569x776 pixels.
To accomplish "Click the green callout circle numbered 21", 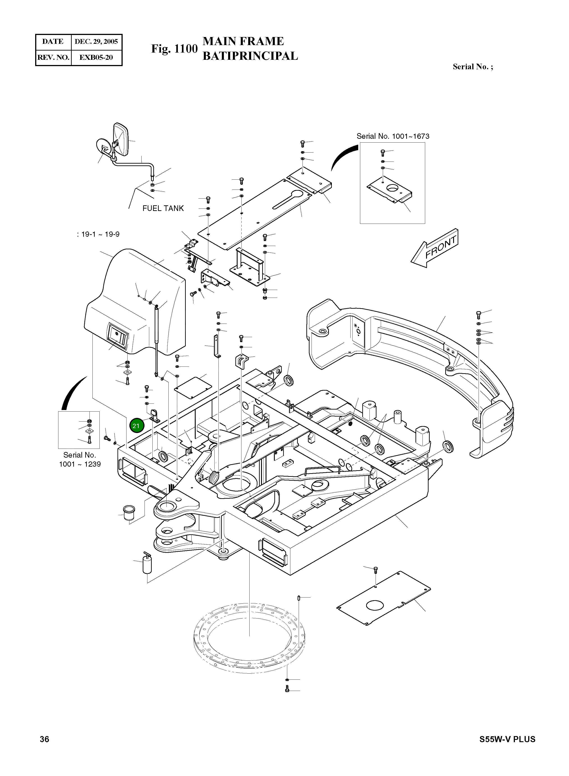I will pos(136,426).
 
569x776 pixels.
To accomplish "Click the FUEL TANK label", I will pos(163,208).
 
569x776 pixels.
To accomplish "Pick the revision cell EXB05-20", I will pos(96,57).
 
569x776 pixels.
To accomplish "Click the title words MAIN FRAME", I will pos(243,41).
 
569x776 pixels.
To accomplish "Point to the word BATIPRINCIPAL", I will pos(250,56).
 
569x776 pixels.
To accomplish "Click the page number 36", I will pos(44,739).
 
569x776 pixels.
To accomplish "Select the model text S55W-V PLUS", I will pos(507,739).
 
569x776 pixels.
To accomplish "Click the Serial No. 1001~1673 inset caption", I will pos(393,136).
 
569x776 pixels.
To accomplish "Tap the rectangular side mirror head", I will pos(121,139).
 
